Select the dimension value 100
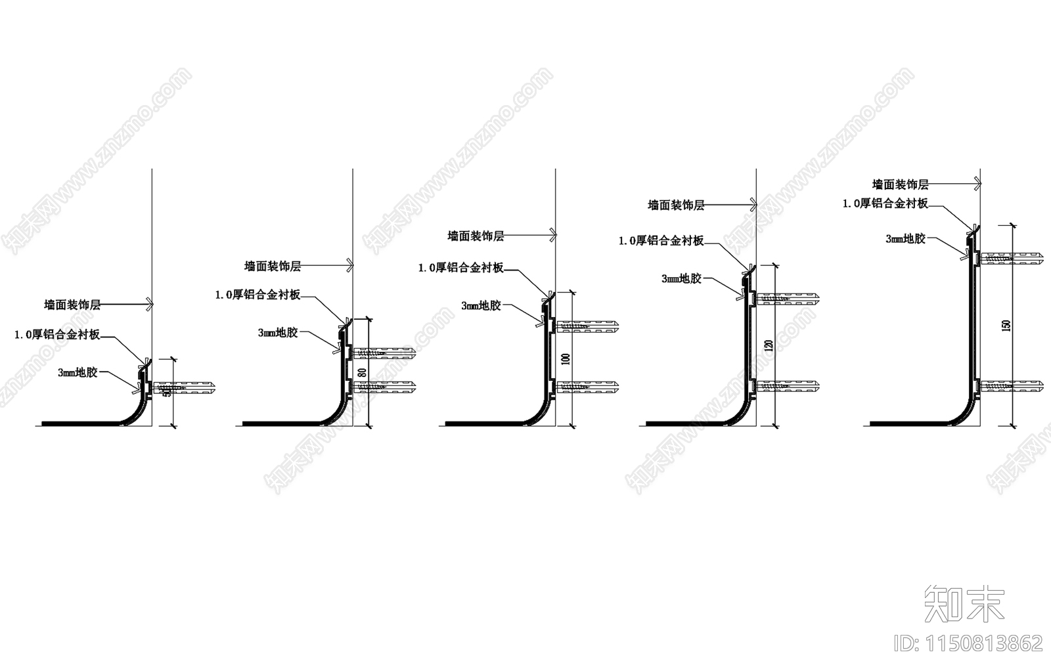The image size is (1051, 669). point(566,358)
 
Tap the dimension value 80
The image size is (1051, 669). point(361,373)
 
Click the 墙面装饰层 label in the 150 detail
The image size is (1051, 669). point(900,184)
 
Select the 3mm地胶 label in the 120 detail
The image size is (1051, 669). point(681,278)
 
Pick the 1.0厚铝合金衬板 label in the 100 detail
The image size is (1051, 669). point(461,267)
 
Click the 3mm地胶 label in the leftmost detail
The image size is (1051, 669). point(78,372)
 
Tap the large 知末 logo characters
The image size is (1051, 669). point(965,603)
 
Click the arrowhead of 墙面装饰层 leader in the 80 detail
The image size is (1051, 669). point(351,265)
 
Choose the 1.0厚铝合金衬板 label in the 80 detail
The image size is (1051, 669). point(257,295)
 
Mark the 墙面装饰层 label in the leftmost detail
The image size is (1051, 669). point(72,305)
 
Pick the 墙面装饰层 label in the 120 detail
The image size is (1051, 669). point(676,205)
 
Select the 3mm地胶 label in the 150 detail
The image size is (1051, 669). point(905,238)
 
